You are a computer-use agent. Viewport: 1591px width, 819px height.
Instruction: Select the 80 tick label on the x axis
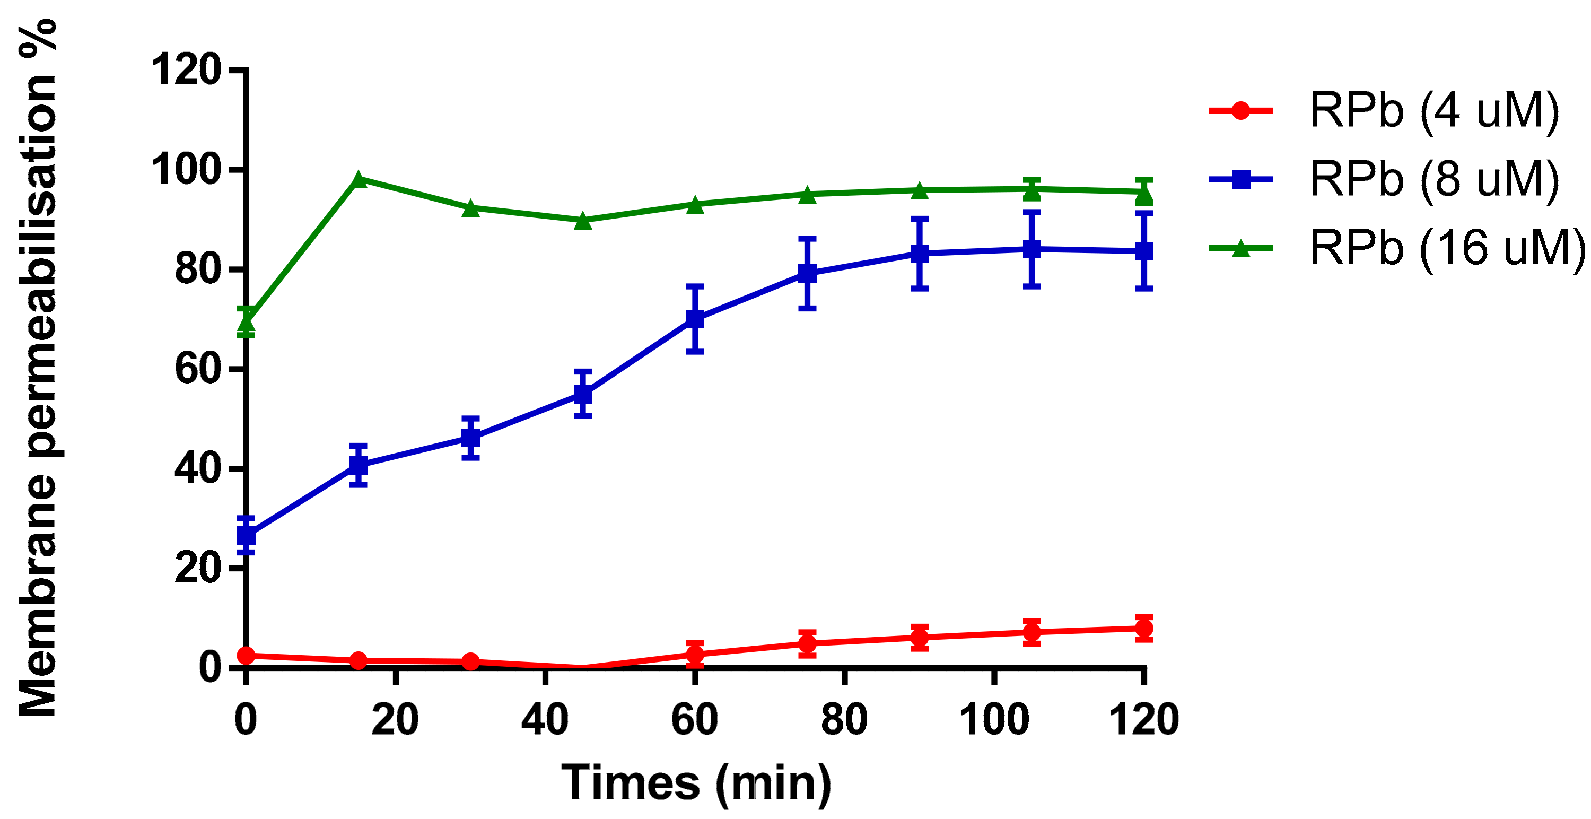(844, 720)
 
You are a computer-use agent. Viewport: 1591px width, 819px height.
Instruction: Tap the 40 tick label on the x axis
(545, 720)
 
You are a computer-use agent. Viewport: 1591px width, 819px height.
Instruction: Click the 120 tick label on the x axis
(1144, 720)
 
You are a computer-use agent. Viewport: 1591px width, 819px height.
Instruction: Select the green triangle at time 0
(246, 323)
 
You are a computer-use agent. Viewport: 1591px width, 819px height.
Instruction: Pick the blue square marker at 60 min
(695, 319)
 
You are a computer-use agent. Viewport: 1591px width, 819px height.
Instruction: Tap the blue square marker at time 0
(246, 535)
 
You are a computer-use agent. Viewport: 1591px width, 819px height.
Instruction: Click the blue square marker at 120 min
(1144, 251)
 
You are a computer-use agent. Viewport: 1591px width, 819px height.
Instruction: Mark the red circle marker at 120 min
(1144, 629)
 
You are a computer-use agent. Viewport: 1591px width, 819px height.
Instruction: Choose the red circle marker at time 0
(246, 655)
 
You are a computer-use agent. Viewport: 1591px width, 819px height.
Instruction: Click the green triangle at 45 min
(583, 221)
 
